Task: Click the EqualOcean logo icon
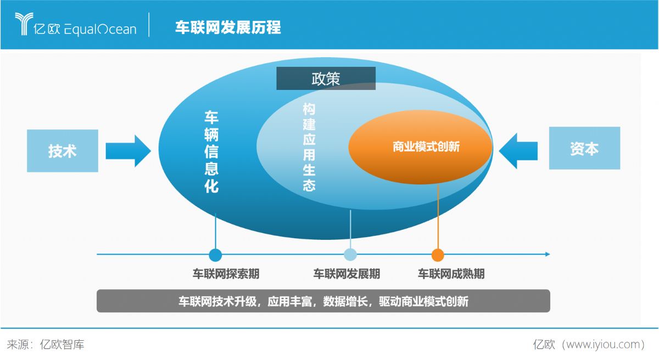[24, 24]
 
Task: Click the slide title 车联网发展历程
[228, 27]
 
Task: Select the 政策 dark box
[326, 78]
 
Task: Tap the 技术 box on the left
[63, 151]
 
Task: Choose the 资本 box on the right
[584, 148]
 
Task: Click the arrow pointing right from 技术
[129, 151]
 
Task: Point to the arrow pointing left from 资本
[518, 151]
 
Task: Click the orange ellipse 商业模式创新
[420, 147]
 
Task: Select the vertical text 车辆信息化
[211, 151]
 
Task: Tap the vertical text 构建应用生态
[309, 147]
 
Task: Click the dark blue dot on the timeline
[215, 255]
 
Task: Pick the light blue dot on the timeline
[350, 255]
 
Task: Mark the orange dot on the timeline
[438, 255]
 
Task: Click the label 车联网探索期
[226, 274]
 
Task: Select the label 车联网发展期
[347, 274]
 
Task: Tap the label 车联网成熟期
[451, 274]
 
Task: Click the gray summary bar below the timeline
[323, 301]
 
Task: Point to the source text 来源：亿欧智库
[46, 345]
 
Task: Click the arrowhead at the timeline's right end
[548, 254]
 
